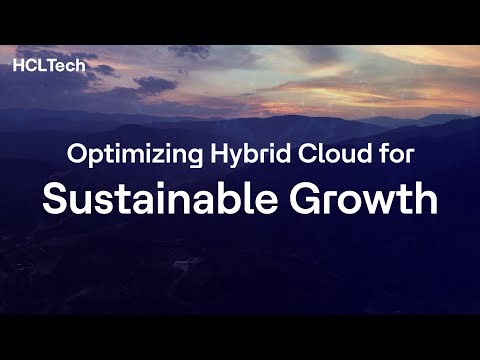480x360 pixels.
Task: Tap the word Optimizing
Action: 118,155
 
